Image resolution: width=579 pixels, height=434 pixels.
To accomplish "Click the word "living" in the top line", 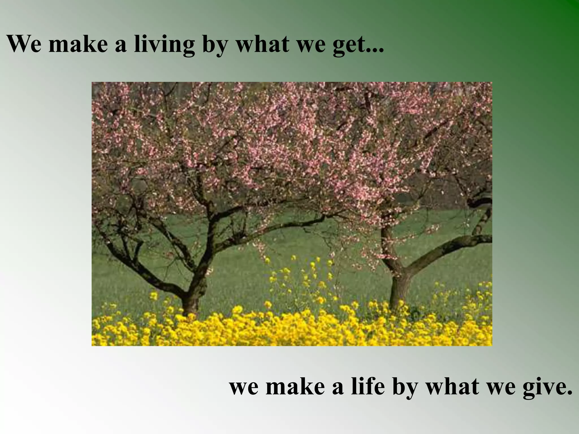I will click(164, 44).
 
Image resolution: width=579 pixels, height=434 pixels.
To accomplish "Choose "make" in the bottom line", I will click(295, 387).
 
